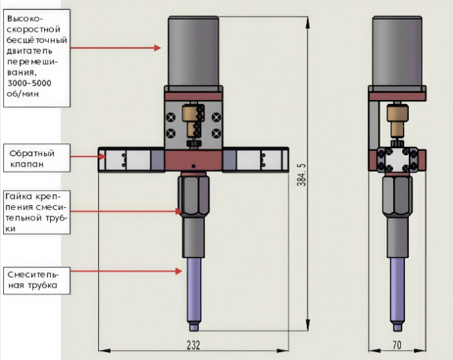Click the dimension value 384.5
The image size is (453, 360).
tap(300, 174)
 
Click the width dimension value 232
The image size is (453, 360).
tap(192, 345)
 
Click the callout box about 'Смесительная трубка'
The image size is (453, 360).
tap(34, 280)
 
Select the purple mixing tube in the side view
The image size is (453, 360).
tap(398, 290)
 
